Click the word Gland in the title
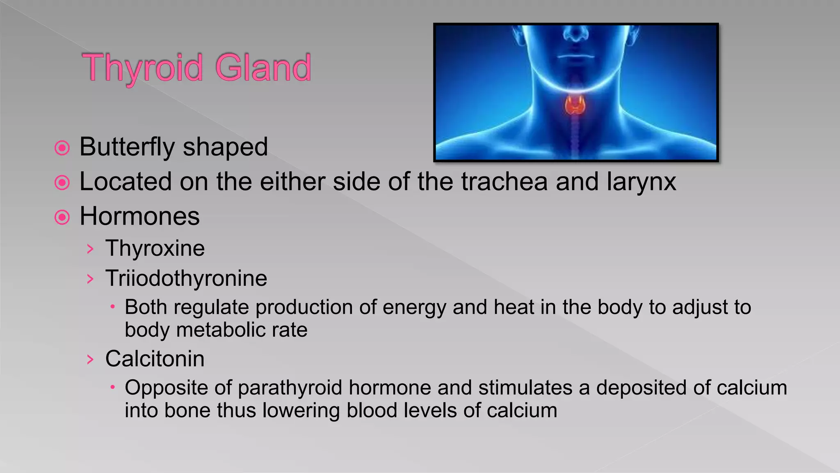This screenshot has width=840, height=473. (x=263, y=68)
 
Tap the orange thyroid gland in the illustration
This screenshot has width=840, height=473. (x=575, y=105)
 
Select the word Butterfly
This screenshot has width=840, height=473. (x=127, y=147)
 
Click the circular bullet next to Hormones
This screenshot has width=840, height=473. (x=62, y=217)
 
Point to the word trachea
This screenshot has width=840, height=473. (x=504, y=181)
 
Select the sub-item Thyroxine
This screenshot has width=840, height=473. (x=155, y=248)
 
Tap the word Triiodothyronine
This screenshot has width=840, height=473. (x=186, y=278)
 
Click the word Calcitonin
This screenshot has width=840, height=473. (x=155, y=359)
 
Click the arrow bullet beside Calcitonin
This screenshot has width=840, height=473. (x=90, y=360)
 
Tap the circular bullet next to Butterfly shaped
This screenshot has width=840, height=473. (x=62, y=148)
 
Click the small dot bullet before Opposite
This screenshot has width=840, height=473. (x=112, y=387)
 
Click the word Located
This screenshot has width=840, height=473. (x=125, y=181)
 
